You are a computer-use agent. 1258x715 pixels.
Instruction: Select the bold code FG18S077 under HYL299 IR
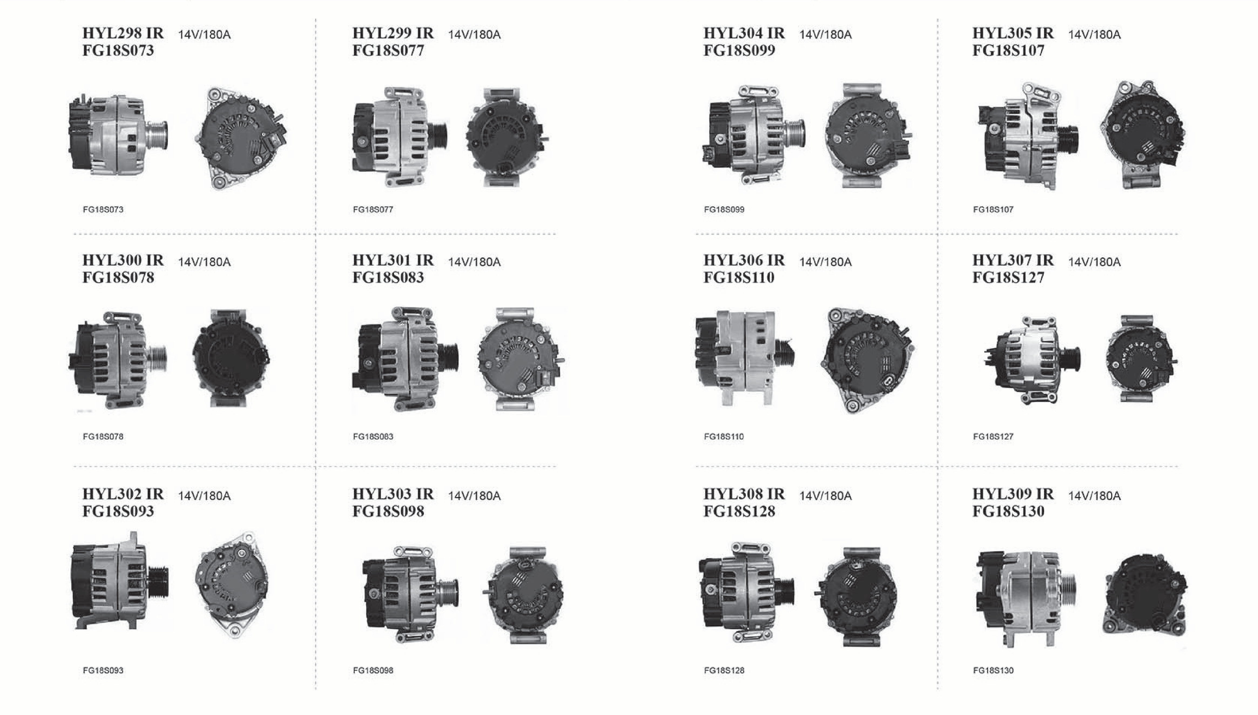tap(388, 50)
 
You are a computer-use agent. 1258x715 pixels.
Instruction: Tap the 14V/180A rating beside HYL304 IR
tap(825, 34)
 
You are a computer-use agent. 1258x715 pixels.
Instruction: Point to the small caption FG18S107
tap(993, 210)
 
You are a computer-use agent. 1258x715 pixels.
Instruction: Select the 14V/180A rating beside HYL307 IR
tap(1094, 262)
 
